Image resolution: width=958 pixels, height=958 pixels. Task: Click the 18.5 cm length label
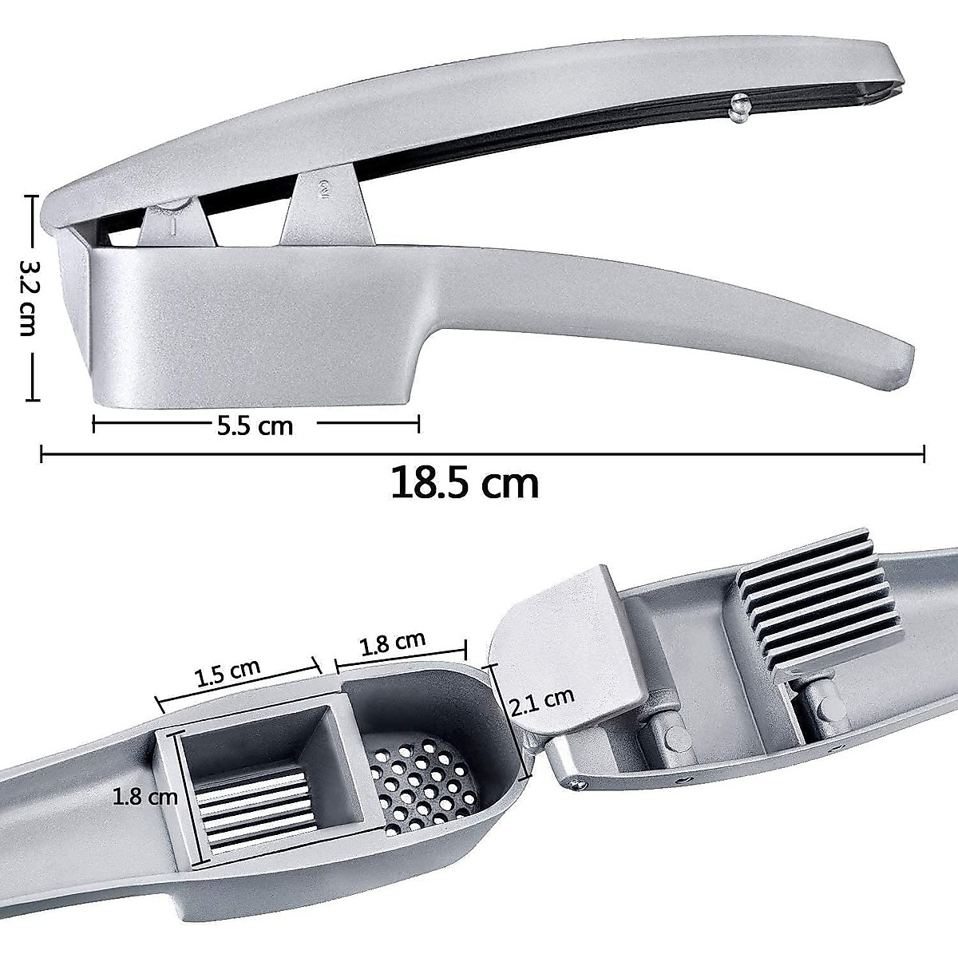tap(465, 484)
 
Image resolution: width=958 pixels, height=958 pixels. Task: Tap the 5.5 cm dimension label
tap(255, 426)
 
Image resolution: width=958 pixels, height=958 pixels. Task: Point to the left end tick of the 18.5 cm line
tap(42, 454)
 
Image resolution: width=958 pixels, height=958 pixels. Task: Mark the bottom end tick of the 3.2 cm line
tap(32, 398)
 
